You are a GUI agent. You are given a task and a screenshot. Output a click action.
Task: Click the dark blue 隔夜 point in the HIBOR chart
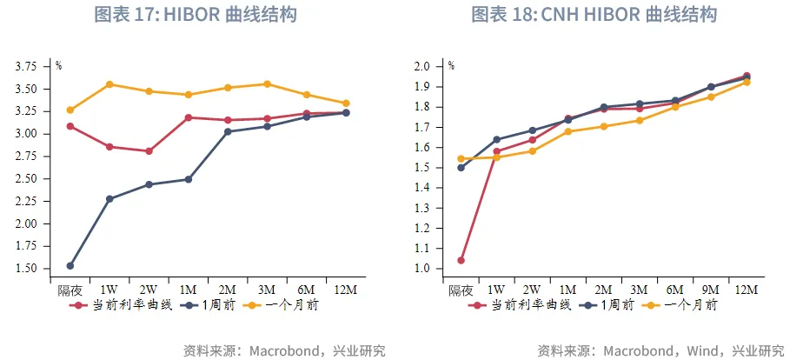(70, 265)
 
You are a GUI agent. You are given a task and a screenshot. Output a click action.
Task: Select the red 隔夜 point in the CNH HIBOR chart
(461, 260)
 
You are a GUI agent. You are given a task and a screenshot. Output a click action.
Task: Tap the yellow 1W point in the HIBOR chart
(109, 84)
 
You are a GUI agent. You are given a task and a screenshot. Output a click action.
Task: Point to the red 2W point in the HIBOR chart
(149, 151)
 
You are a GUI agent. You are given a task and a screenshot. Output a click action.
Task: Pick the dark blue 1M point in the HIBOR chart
(188, 179)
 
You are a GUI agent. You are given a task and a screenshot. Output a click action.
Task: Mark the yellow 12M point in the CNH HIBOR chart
(747, 82)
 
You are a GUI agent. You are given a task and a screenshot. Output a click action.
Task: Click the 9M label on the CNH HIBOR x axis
(710, 290)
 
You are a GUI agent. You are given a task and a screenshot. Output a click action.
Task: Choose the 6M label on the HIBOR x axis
(306, 290)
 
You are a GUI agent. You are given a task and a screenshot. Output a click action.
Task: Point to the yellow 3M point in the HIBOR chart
(267, 84)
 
